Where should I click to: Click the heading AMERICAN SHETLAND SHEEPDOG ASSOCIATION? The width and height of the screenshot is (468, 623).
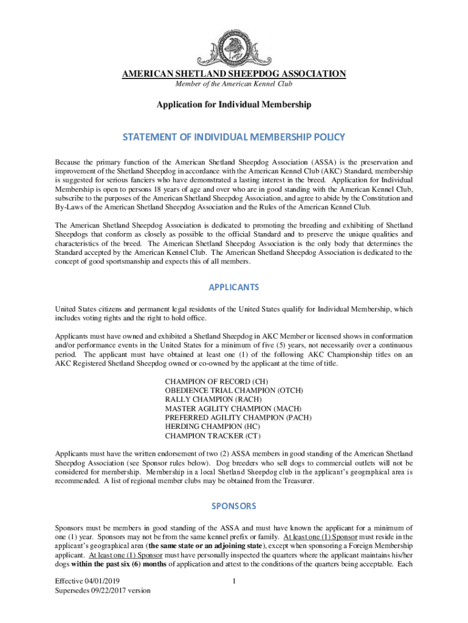(234, 74)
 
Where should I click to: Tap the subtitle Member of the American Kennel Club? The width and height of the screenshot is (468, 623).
(234, 83)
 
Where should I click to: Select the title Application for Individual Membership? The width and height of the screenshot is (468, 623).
(234, 105)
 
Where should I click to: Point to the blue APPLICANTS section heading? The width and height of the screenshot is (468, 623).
(234, 287)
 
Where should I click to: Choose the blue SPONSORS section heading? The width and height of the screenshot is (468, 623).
(234, 506)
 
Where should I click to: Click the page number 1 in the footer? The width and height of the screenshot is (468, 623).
(234, 582)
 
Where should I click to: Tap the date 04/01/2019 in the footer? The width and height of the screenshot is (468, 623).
(104, 582)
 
